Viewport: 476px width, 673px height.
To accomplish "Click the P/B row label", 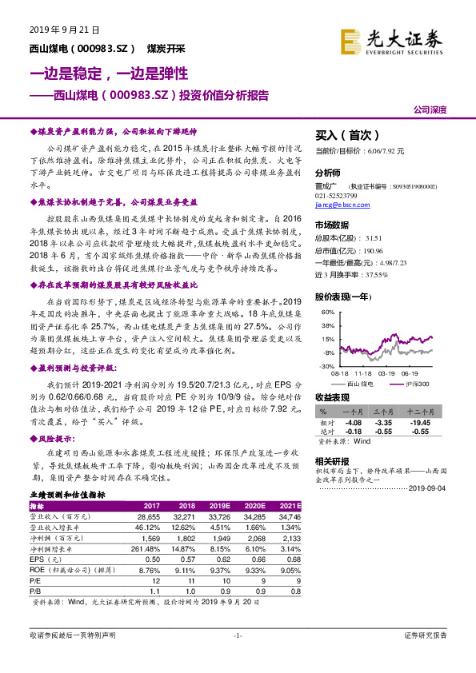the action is click(x=36, y=591).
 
